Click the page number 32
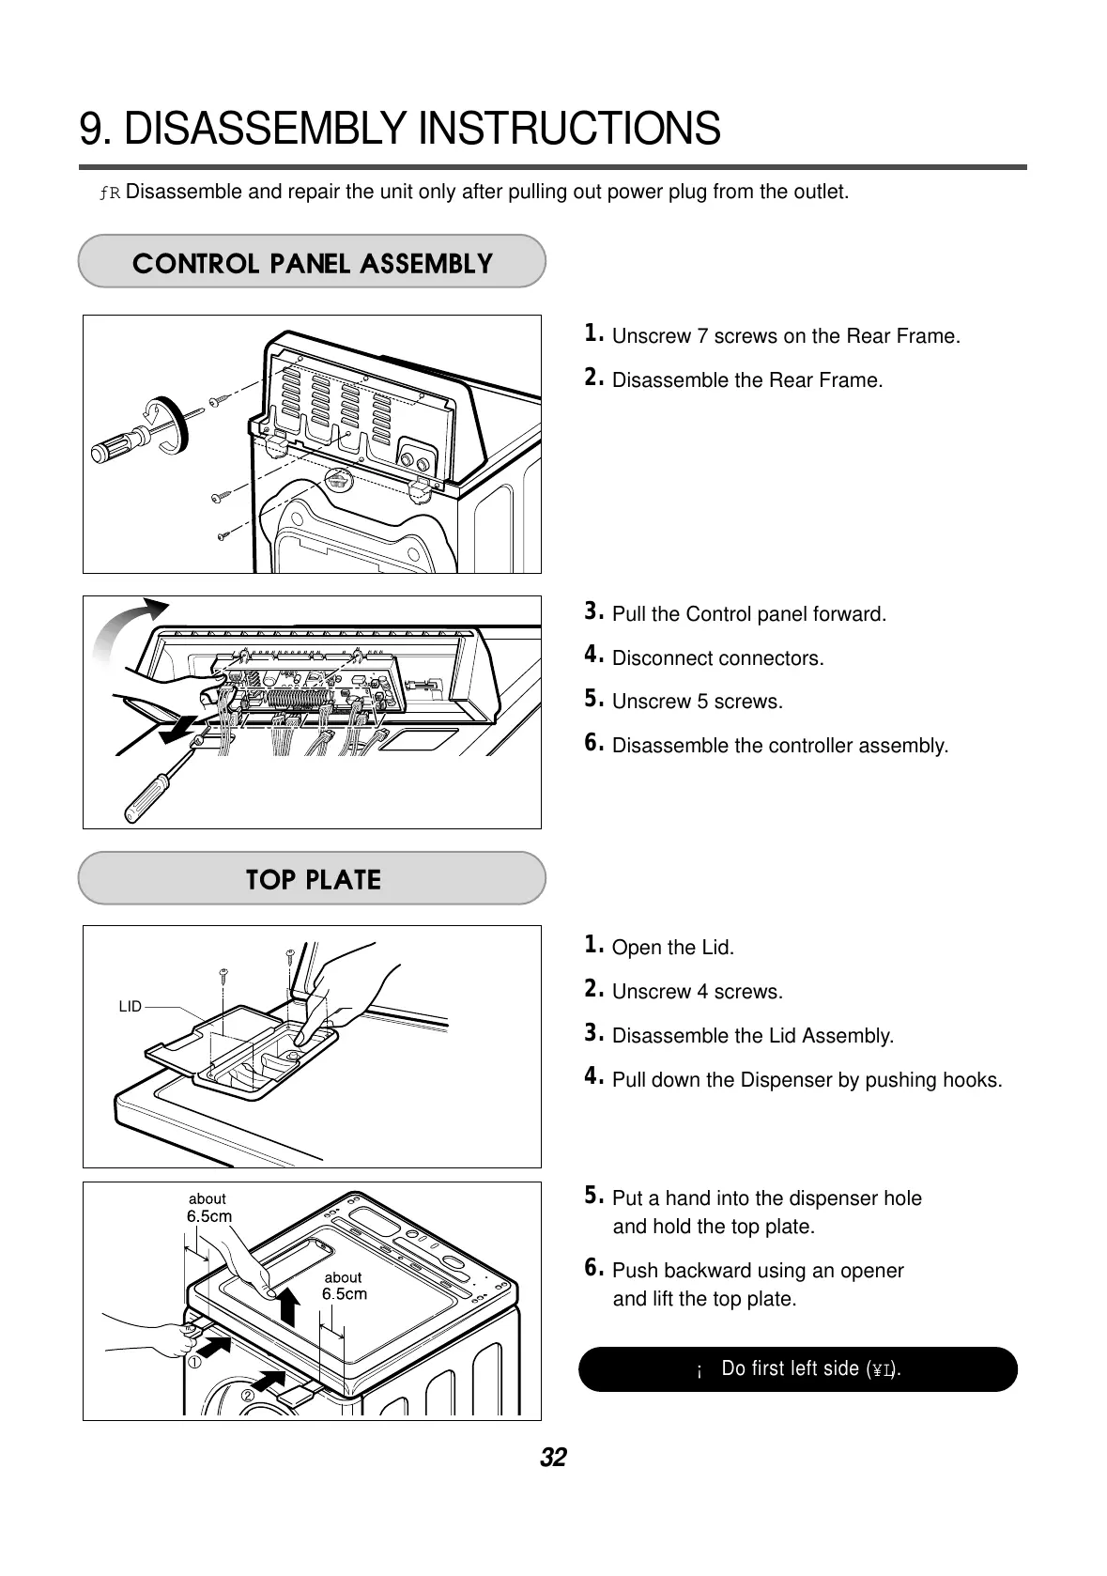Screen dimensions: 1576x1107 click(x=553, y=1458)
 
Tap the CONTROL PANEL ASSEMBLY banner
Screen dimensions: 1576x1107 click(x=312, y=262)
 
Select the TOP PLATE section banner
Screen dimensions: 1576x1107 click(x=312, y=879)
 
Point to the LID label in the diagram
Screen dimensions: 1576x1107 click(x=130, y=1006)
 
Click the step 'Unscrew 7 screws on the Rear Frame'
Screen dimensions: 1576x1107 click(x=785, y=336)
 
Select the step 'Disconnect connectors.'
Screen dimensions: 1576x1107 click(x=716, y=657)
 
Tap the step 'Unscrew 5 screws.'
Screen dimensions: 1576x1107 click(x=696, y=702)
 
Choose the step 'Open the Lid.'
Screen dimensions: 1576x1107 click(x=671, y=947)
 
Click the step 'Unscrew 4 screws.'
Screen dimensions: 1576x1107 click(x=696, y=991)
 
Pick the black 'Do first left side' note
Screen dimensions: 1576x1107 click(x=797, y=1368)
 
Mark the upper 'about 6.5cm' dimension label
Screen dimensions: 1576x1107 click(x=208, y=1207)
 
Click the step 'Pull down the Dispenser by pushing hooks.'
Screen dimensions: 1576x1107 click(x=807, y=1079)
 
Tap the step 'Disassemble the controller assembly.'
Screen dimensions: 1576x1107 click(x=779, y=746)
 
